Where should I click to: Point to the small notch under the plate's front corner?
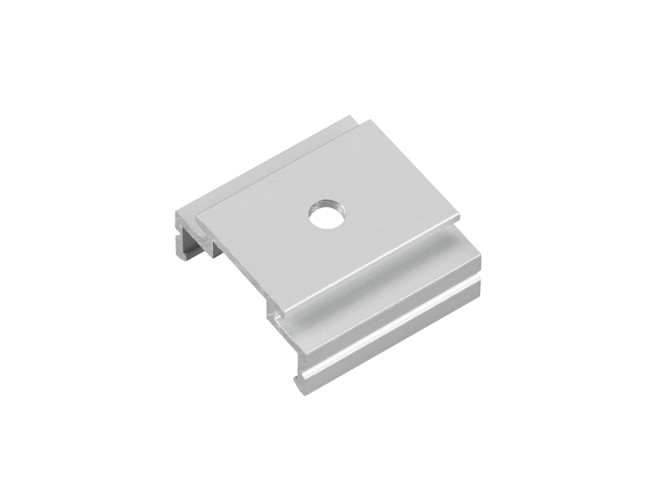[274, 314]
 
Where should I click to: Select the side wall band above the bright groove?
[387, 300]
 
